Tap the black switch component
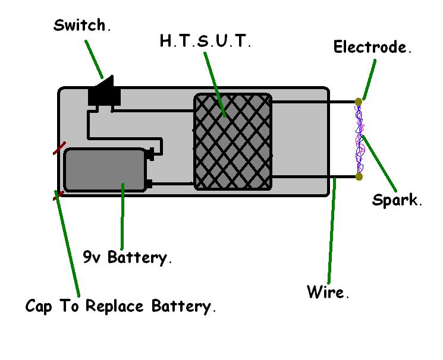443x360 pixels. tap(104, 93)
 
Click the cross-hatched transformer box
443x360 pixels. tap(233, 141)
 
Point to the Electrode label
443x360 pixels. tap(372, 48)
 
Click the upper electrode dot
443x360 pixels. tap(359, 102)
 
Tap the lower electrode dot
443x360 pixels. tap(359, 176)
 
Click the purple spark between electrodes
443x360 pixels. tap(359, 140)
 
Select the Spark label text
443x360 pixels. tap(397, 200)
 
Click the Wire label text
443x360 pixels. tap(327, 292)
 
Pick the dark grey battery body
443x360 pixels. tap(105, 170)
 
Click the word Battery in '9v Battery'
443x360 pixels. tap(142, 258)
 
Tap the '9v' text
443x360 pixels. tap(92, 258)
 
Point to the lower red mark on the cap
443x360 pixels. tap(58, 194)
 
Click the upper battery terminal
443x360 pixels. tap(150, 154)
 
